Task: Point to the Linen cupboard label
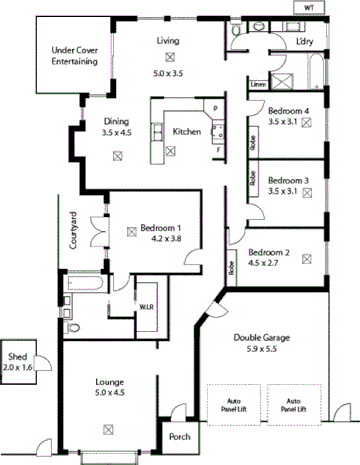click(x=257, y=85)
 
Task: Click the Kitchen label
click(x=187, y=131)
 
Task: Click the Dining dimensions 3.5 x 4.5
click(x=117, y=131)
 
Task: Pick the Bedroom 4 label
click(x=288, y=110)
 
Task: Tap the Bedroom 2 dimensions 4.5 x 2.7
click(x=268, y=265)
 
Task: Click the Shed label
click(x=17, y=357)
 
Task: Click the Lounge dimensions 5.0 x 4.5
click(x=109, y=392)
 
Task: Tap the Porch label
click(x=179, y=436)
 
